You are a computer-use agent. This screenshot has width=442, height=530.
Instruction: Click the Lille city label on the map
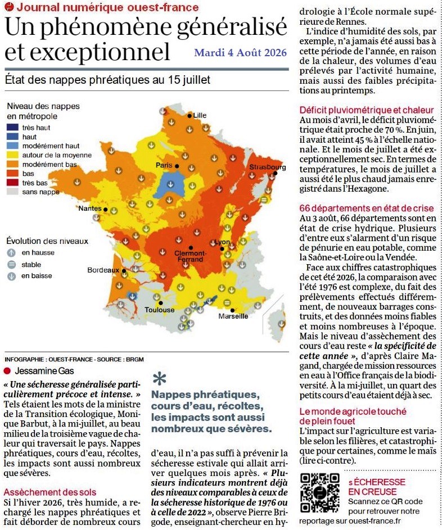[x=200, y=115]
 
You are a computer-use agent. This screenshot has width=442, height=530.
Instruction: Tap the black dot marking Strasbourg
[x=276, y=173]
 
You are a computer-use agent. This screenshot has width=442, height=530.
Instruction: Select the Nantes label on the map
[x=90, y=208]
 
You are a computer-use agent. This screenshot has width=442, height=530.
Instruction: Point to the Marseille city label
[x=233, y=316]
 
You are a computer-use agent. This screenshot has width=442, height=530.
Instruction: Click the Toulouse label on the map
[x=160, y=310]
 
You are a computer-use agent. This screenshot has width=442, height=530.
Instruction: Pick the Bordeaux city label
[x=103, y=270]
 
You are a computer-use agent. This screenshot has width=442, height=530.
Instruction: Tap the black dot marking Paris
[x=177, y=166]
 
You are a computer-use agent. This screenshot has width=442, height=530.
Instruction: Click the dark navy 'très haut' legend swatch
[x=12, y=128]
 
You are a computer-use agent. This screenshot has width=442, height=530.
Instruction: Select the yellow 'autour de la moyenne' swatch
[x=12, y=155]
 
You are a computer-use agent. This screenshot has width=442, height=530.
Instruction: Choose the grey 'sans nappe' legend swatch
[x=12, y=192]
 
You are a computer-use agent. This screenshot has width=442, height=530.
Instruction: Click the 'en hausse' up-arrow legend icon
[x=11, y=252]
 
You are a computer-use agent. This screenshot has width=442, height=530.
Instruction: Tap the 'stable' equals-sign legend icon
[x=11, y=265]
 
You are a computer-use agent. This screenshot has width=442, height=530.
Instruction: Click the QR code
[x=319, y=493]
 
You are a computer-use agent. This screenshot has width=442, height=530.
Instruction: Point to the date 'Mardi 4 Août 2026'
[x=240, y=52]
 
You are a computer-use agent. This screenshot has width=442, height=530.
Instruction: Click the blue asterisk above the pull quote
[x=159, y=379]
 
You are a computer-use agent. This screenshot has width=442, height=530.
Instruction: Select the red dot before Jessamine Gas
[x=7, y=371]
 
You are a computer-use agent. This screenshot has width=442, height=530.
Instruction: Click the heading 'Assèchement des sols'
[x=50, y=492]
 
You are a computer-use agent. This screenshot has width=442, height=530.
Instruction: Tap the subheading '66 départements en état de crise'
[x=366, y=208]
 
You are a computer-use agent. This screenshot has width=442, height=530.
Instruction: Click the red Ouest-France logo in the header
[x=10, y=6]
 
